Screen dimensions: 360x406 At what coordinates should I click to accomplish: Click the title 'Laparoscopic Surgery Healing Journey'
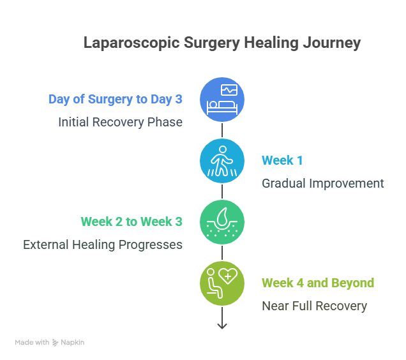[x=222, y=43]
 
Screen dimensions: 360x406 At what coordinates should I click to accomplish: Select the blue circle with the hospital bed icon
[x=222, y=100]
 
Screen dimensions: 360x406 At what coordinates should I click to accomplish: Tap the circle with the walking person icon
[x=222, y=161]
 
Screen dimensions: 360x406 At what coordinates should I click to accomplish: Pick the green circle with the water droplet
[x=222, y=222]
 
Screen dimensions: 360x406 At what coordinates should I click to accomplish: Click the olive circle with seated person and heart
[x=222, y=283]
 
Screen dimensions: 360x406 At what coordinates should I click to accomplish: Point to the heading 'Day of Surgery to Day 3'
[x=116, y=100]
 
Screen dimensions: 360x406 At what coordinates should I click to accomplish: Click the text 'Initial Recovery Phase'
[x=120, y=122]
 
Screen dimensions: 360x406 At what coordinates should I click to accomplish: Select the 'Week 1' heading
[x=283, y=161]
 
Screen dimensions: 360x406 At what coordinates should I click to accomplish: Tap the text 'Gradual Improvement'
[x=323, y=183]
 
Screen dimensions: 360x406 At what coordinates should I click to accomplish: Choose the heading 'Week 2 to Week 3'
[x=132, y=222]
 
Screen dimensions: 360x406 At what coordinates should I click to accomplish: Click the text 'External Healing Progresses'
[x=103, y=244]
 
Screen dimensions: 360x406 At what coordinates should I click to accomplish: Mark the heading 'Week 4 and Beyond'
[x=318, y=283]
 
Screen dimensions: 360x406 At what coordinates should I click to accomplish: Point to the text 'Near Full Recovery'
[x=314, y=306]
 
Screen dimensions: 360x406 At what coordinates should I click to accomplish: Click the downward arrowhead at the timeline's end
[x=222, y=326]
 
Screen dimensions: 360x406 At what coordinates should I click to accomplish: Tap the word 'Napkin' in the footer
[x=73, y=343]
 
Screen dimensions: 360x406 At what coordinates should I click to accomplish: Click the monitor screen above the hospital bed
[x=229, y=90]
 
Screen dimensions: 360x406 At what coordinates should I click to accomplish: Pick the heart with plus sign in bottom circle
[x=229, y=277]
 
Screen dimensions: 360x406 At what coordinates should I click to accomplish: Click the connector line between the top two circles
[x=222, y=130]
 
